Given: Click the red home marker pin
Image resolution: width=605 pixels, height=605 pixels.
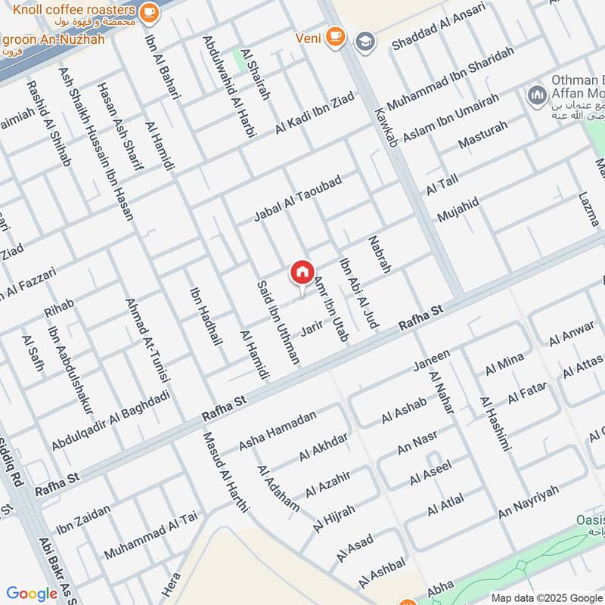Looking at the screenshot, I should pos(302,273).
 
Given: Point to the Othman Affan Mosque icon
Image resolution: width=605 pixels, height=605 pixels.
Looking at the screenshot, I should pos(537,96).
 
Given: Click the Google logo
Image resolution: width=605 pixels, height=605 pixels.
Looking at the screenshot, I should pos(32,594).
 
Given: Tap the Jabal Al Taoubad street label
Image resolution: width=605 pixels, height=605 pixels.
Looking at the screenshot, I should pos(298,199).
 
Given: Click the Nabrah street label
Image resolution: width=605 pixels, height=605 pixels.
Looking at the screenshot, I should pos(380,254).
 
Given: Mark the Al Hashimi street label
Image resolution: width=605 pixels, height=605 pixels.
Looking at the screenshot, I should pos(495,424).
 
